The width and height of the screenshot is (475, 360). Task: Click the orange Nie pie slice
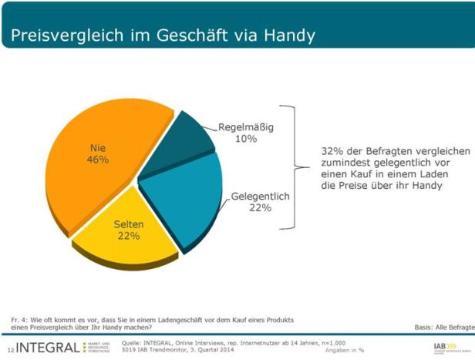[x=85, y=177]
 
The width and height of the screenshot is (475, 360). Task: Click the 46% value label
[x=97, y=160]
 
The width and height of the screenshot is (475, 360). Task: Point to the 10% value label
[x=246, y=139]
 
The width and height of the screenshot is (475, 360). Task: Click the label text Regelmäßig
[x=246, y=127]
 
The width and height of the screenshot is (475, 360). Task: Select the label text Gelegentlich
[x=260, y=197]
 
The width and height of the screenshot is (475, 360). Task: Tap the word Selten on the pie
[x=128, y=224]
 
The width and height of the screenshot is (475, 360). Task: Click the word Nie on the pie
[x=97, y=147]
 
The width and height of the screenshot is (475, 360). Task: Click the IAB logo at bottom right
[x=443, y=346]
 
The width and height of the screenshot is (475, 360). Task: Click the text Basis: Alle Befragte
[x=444, y=327]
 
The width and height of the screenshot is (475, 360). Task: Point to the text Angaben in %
[x=345, y=350]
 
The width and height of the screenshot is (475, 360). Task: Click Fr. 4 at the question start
[x=19, y=319]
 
